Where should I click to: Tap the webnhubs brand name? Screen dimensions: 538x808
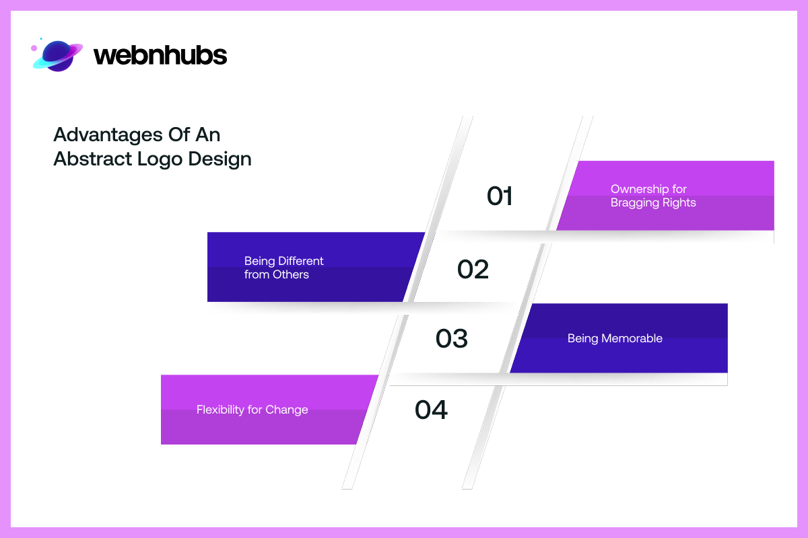tap(160, 55)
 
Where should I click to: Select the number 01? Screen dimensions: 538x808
tap(500, 196)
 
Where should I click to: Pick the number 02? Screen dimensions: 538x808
tap(473, 269)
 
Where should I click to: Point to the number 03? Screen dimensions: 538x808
tap(451, 338)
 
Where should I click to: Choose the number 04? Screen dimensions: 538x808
tap(431, 410)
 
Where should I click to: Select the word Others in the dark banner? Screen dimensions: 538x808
tap(291, 274)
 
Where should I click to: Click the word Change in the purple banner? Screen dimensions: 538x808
tap(286, 410)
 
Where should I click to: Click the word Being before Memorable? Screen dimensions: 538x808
tap(582, 338)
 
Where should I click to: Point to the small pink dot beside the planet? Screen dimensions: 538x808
tap(34, 48)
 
